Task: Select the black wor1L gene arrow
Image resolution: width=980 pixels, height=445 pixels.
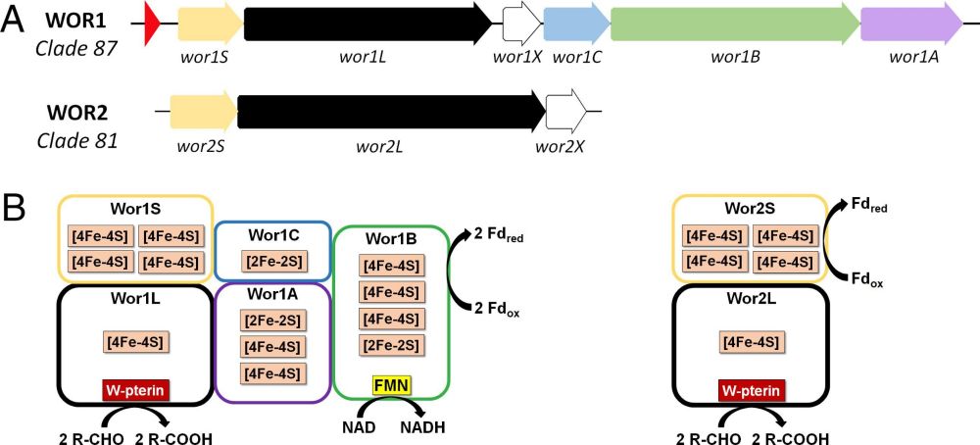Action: (x=367, y=22)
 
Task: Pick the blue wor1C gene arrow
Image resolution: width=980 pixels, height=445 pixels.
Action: (x=575, y=22)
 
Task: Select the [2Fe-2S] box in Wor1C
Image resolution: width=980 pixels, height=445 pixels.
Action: (x=273, y=263)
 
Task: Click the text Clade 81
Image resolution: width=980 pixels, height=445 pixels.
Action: (x=77, y=140)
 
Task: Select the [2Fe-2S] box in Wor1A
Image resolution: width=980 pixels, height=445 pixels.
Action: (x=273, y=321)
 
